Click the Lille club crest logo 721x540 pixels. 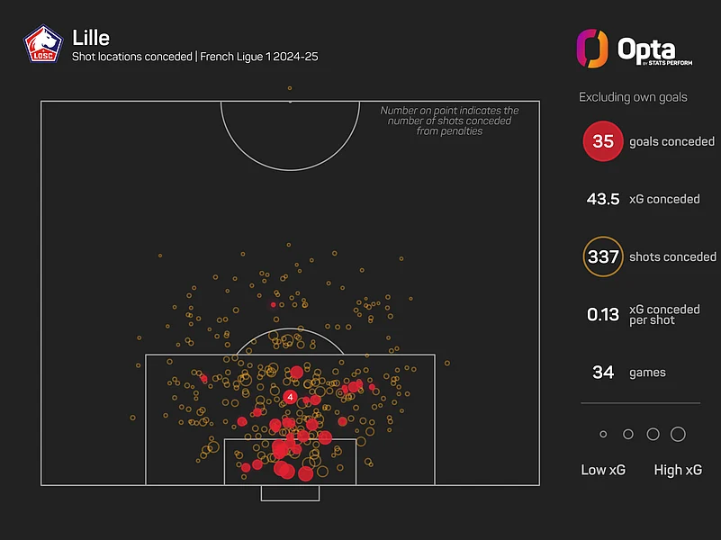click(x=43, y=44)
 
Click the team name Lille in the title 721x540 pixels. click(x=91, y=38)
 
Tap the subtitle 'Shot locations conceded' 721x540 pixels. click(x=132, y=57)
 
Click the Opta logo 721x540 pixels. click(x=635, y=49)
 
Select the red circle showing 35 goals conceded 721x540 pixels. click(x=603, y=141)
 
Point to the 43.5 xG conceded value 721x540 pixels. click(x=603, y=199)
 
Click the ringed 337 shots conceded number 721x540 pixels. click(x=603, y=256)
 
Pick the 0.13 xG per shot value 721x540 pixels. click(x=603, y=314)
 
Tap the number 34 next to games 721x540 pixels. click(x=603, y=373)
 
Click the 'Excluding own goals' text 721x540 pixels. click(x=633, y=97)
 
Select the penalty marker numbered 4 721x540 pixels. click(x=290, y=397)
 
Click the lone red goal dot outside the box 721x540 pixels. click(x=273, y=305)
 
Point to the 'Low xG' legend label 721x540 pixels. click(x=603, y=470)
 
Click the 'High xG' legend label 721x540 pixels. click(x=678, y=470)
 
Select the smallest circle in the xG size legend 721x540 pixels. click(x=603, y=434)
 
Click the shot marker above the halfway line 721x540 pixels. click(x=290, y=88)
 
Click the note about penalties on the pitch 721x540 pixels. click(x=449, y=121)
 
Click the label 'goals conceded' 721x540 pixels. click(x=671, y=141)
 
